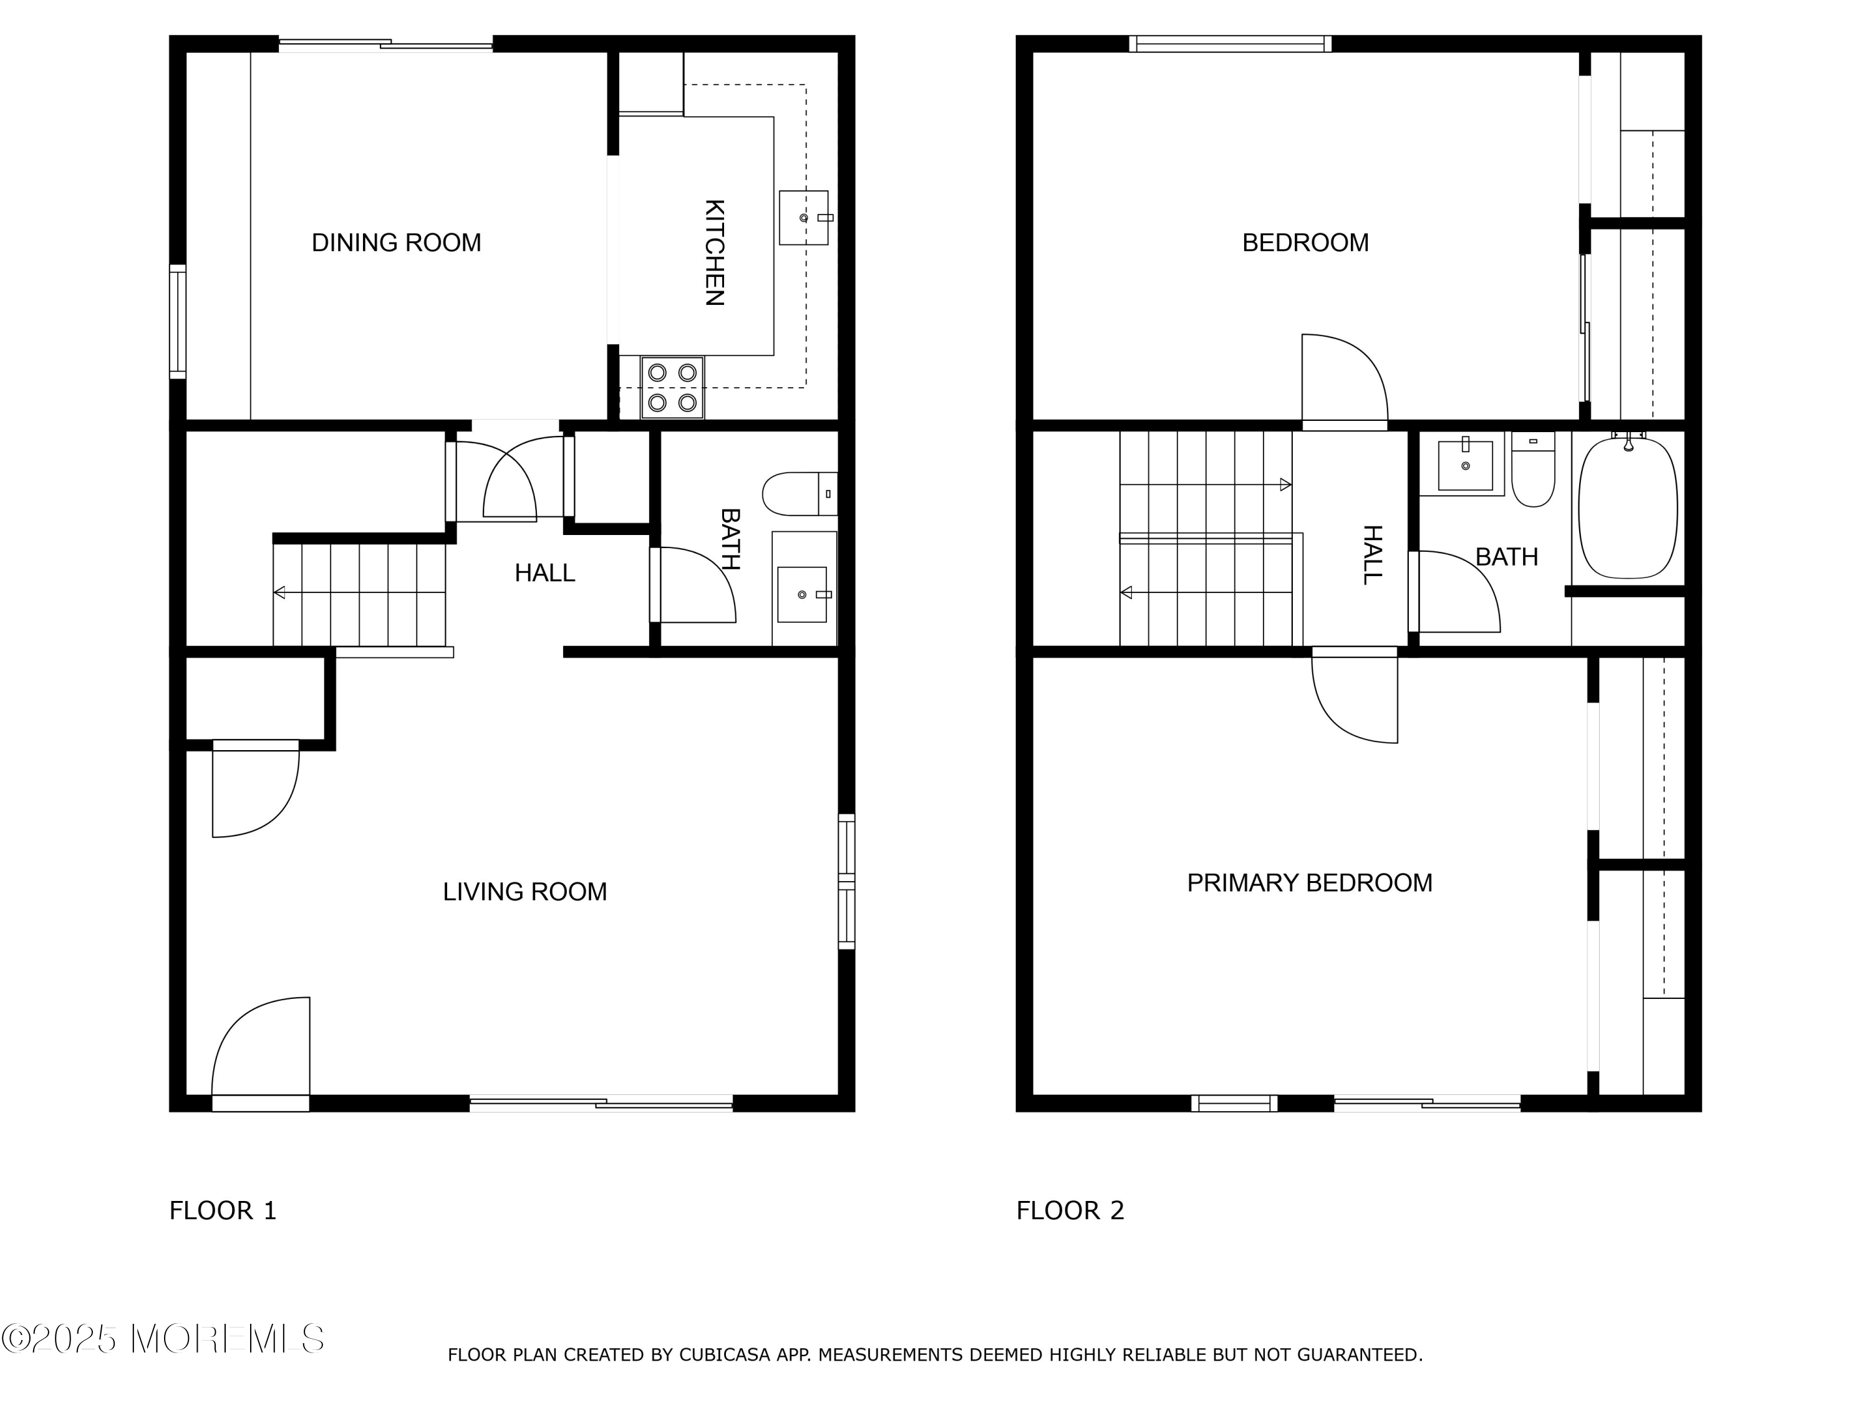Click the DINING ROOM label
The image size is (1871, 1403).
click(396, 243)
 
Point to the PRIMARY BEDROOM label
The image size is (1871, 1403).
click(1309, 883)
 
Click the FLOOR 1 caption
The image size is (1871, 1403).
click(223, 1210)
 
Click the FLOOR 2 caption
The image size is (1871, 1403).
click(1070, 1210)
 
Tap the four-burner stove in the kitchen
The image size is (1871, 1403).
click(672, 387)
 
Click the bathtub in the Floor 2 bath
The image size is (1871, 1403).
click(1627, 508)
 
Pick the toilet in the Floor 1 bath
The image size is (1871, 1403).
click(800, 494)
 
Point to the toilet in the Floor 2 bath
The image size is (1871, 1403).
click(1533, 470)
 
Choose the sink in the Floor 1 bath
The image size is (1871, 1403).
click(802, 594)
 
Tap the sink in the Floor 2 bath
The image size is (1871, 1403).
click(1465, 465)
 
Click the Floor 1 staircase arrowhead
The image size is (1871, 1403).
click(279, 593)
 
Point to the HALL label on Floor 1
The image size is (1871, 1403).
click(544, 574)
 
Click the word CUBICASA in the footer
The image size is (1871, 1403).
click(725, 1355)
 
